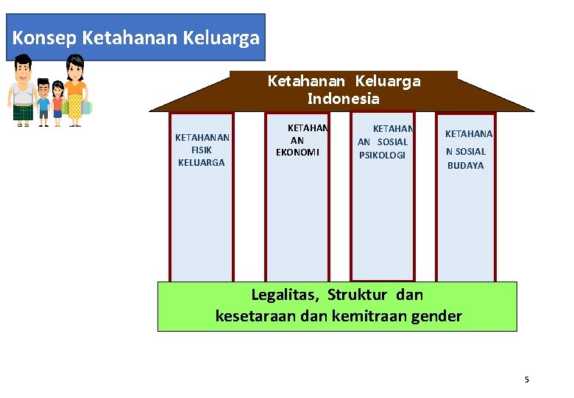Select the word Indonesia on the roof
(x=343, y=99)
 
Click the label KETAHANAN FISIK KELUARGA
(x=202, y=150)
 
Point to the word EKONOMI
(x=297, y=153)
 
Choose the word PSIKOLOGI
(x=382, y=155)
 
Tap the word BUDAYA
(x=466, y=166)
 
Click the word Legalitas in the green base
(x=284, y=296)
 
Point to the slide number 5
(x=526, y=380)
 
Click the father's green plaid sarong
(x=23, y=112)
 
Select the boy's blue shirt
(x=43, y=102)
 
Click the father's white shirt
(x=23, y=95)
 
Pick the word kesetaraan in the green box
(x=253, y=317)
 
